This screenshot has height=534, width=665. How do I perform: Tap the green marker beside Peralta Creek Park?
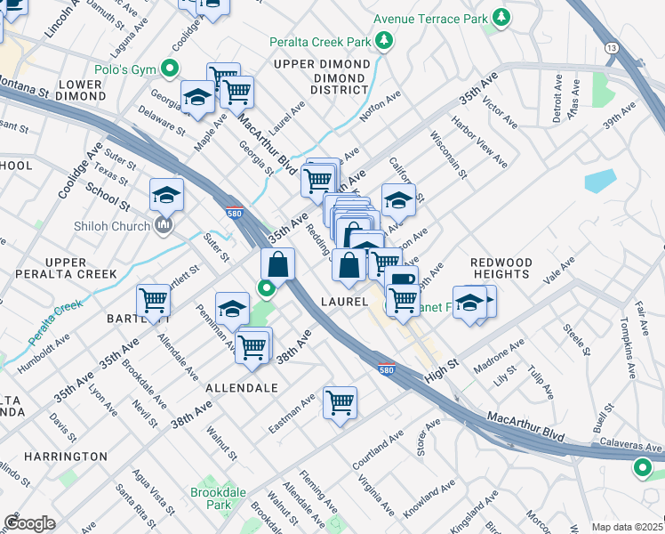click(384, 40)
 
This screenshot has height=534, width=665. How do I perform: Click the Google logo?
click(29, 523)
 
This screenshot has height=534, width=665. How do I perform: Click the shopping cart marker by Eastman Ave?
click(340, 402)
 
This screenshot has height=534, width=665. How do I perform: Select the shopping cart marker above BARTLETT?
click(153, 301)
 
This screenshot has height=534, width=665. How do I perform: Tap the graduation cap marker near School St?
click(166, 194)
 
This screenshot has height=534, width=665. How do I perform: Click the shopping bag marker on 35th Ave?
click(278, 263)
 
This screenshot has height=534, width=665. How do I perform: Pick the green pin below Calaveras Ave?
click(642, 467)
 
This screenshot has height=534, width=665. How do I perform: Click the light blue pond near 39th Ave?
click(601, 181)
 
